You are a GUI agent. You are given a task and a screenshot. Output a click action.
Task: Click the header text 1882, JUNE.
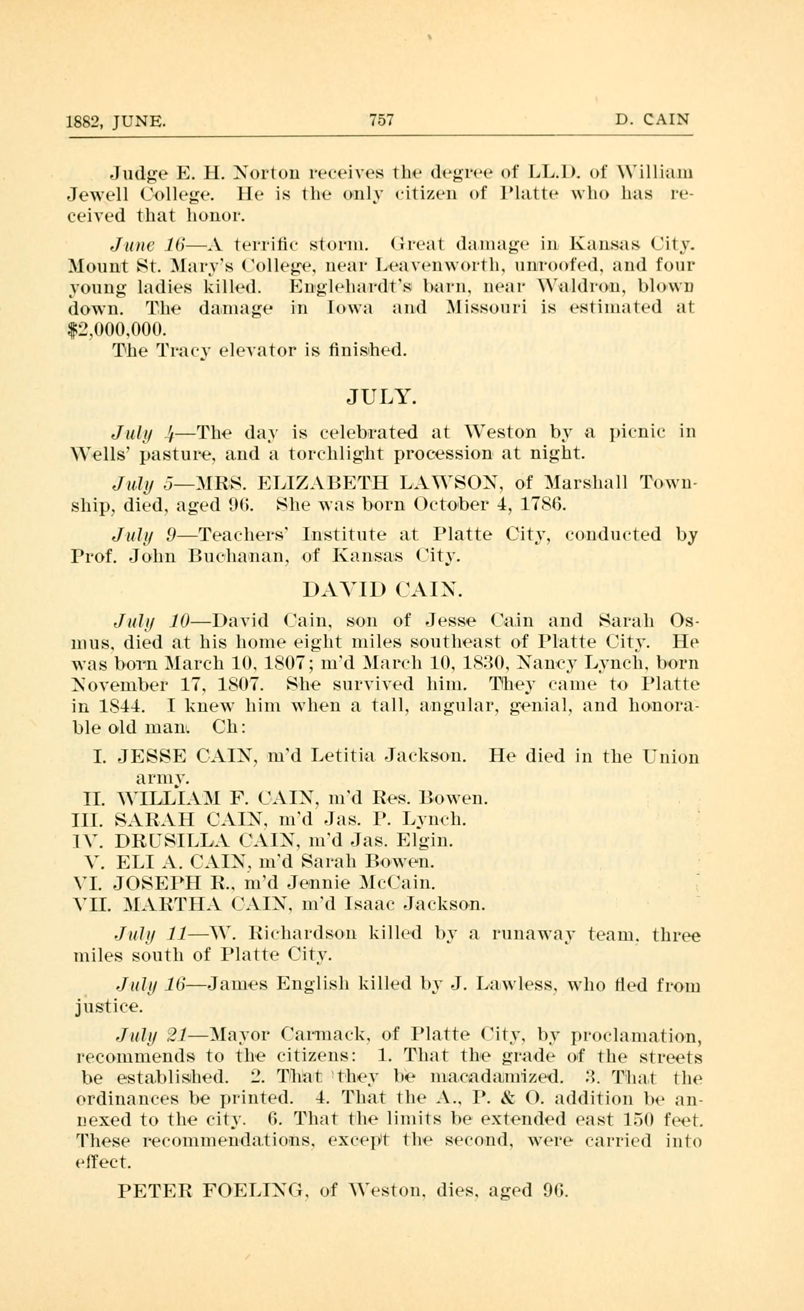[116, 122]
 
